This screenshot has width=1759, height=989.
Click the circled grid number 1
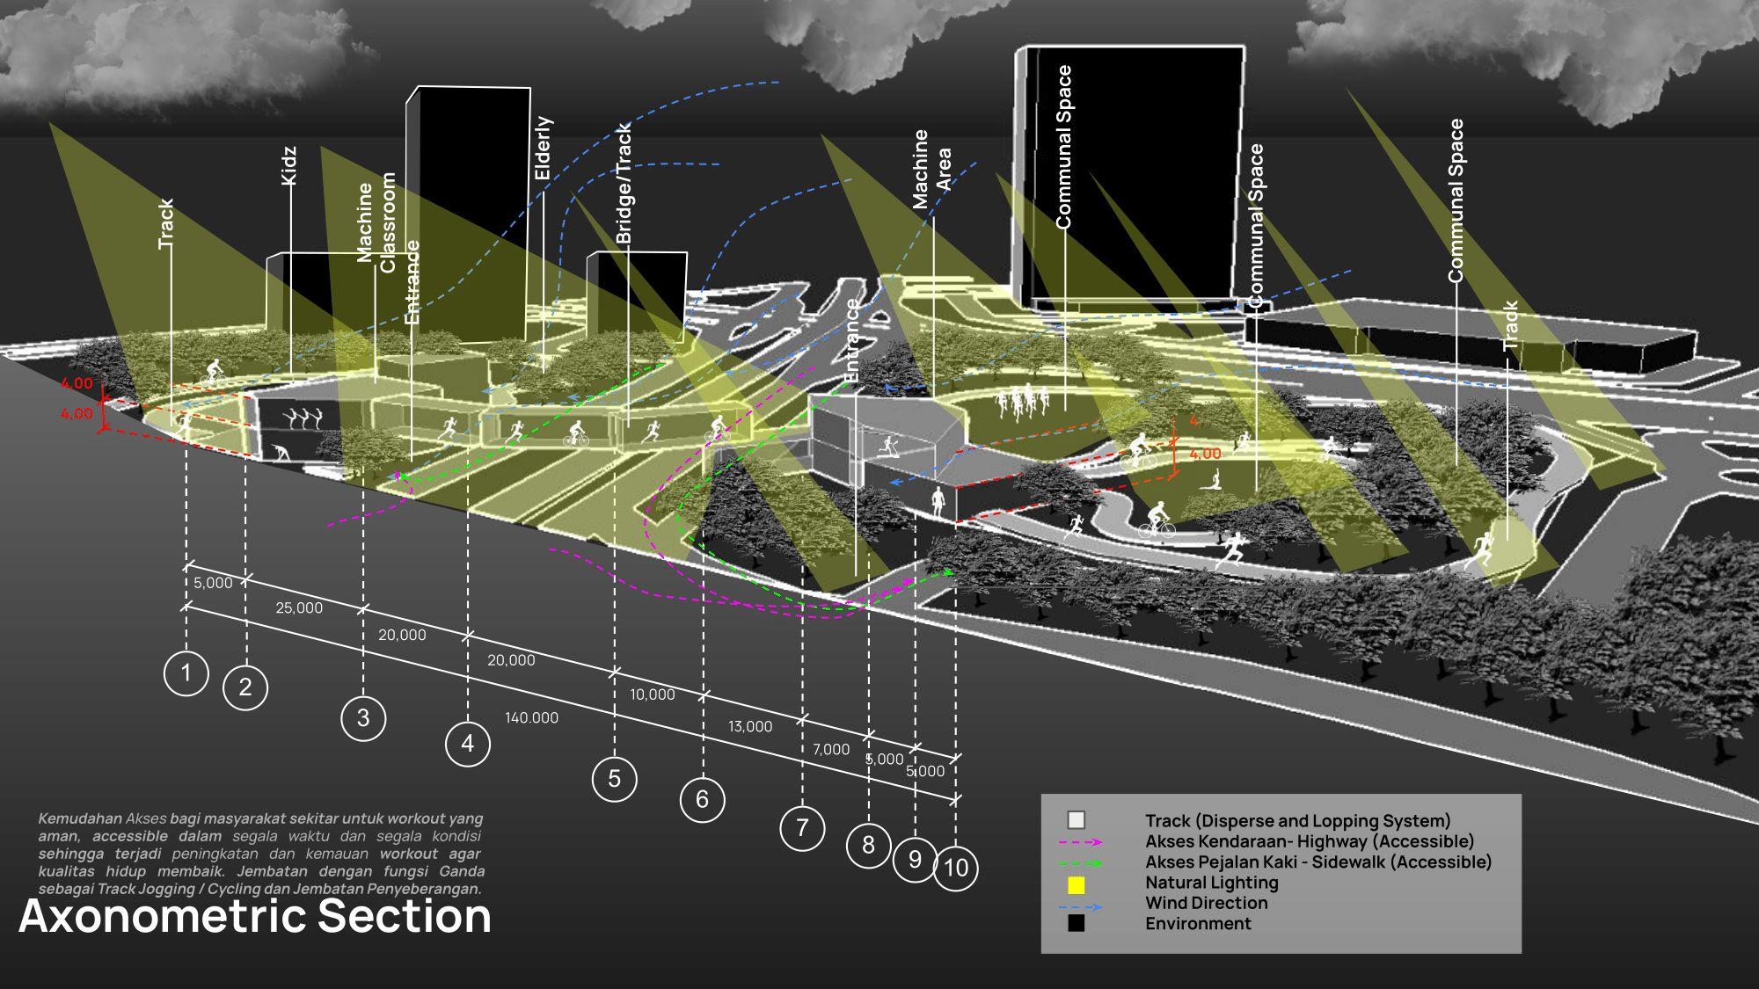[x=186, y=673]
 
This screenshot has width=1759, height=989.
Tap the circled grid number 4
[x=467, y=744]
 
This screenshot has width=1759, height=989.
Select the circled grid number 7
[x=801, y=827]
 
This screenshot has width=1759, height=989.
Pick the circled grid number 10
[x=955, y=869]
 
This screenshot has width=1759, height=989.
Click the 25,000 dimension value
[x=299, y=607]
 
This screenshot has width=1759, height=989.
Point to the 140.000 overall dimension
[x=531, y=717]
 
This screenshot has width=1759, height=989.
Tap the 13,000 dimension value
[x=750, y=726]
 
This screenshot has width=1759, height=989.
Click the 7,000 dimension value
[x=830, y=749]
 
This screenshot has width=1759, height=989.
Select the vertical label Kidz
[x=288, y=165]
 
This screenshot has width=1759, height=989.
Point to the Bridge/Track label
[x=623, y=183]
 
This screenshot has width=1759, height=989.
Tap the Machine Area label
[x=931, y=169]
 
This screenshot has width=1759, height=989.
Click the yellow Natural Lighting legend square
[x=1076, y=886]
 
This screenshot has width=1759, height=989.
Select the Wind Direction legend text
[x=1206, y=903]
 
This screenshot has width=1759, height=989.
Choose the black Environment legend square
[x=1076, y=923]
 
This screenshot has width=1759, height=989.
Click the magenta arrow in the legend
[x=1080, y=842]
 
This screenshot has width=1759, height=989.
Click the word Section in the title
[x=404, y=916]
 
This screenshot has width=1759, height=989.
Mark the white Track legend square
[x=1076, y=820]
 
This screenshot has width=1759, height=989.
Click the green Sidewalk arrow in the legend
[x=1080, y=862]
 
